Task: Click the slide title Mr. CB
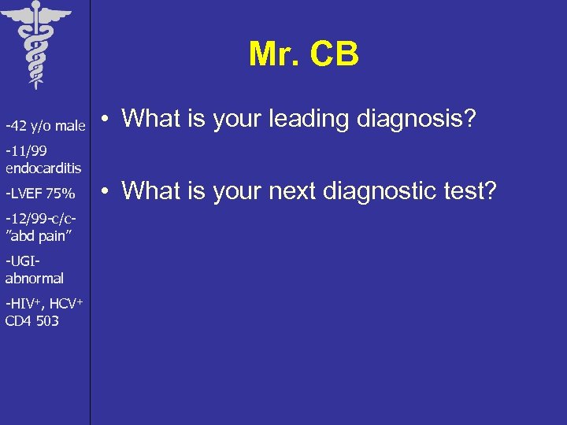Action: [303, 54]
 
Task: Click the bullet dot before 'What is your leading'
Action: [108, 120]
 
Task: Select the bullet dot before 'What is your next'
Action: [108, 191]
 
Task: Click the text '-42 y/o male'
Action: [46, 126]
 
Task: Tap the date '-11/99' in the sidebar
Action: [25, 153]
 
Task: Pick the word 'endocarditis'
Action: [43, 168]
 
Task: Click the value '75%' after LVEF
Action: [61, 194]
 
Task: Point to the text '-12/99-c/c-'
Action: [40, 219]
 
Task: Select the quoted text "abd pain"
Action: [38, 235]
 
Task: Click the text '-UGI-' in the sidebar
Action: [22, 261]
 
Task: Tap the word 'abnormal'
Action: [35, 278]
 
